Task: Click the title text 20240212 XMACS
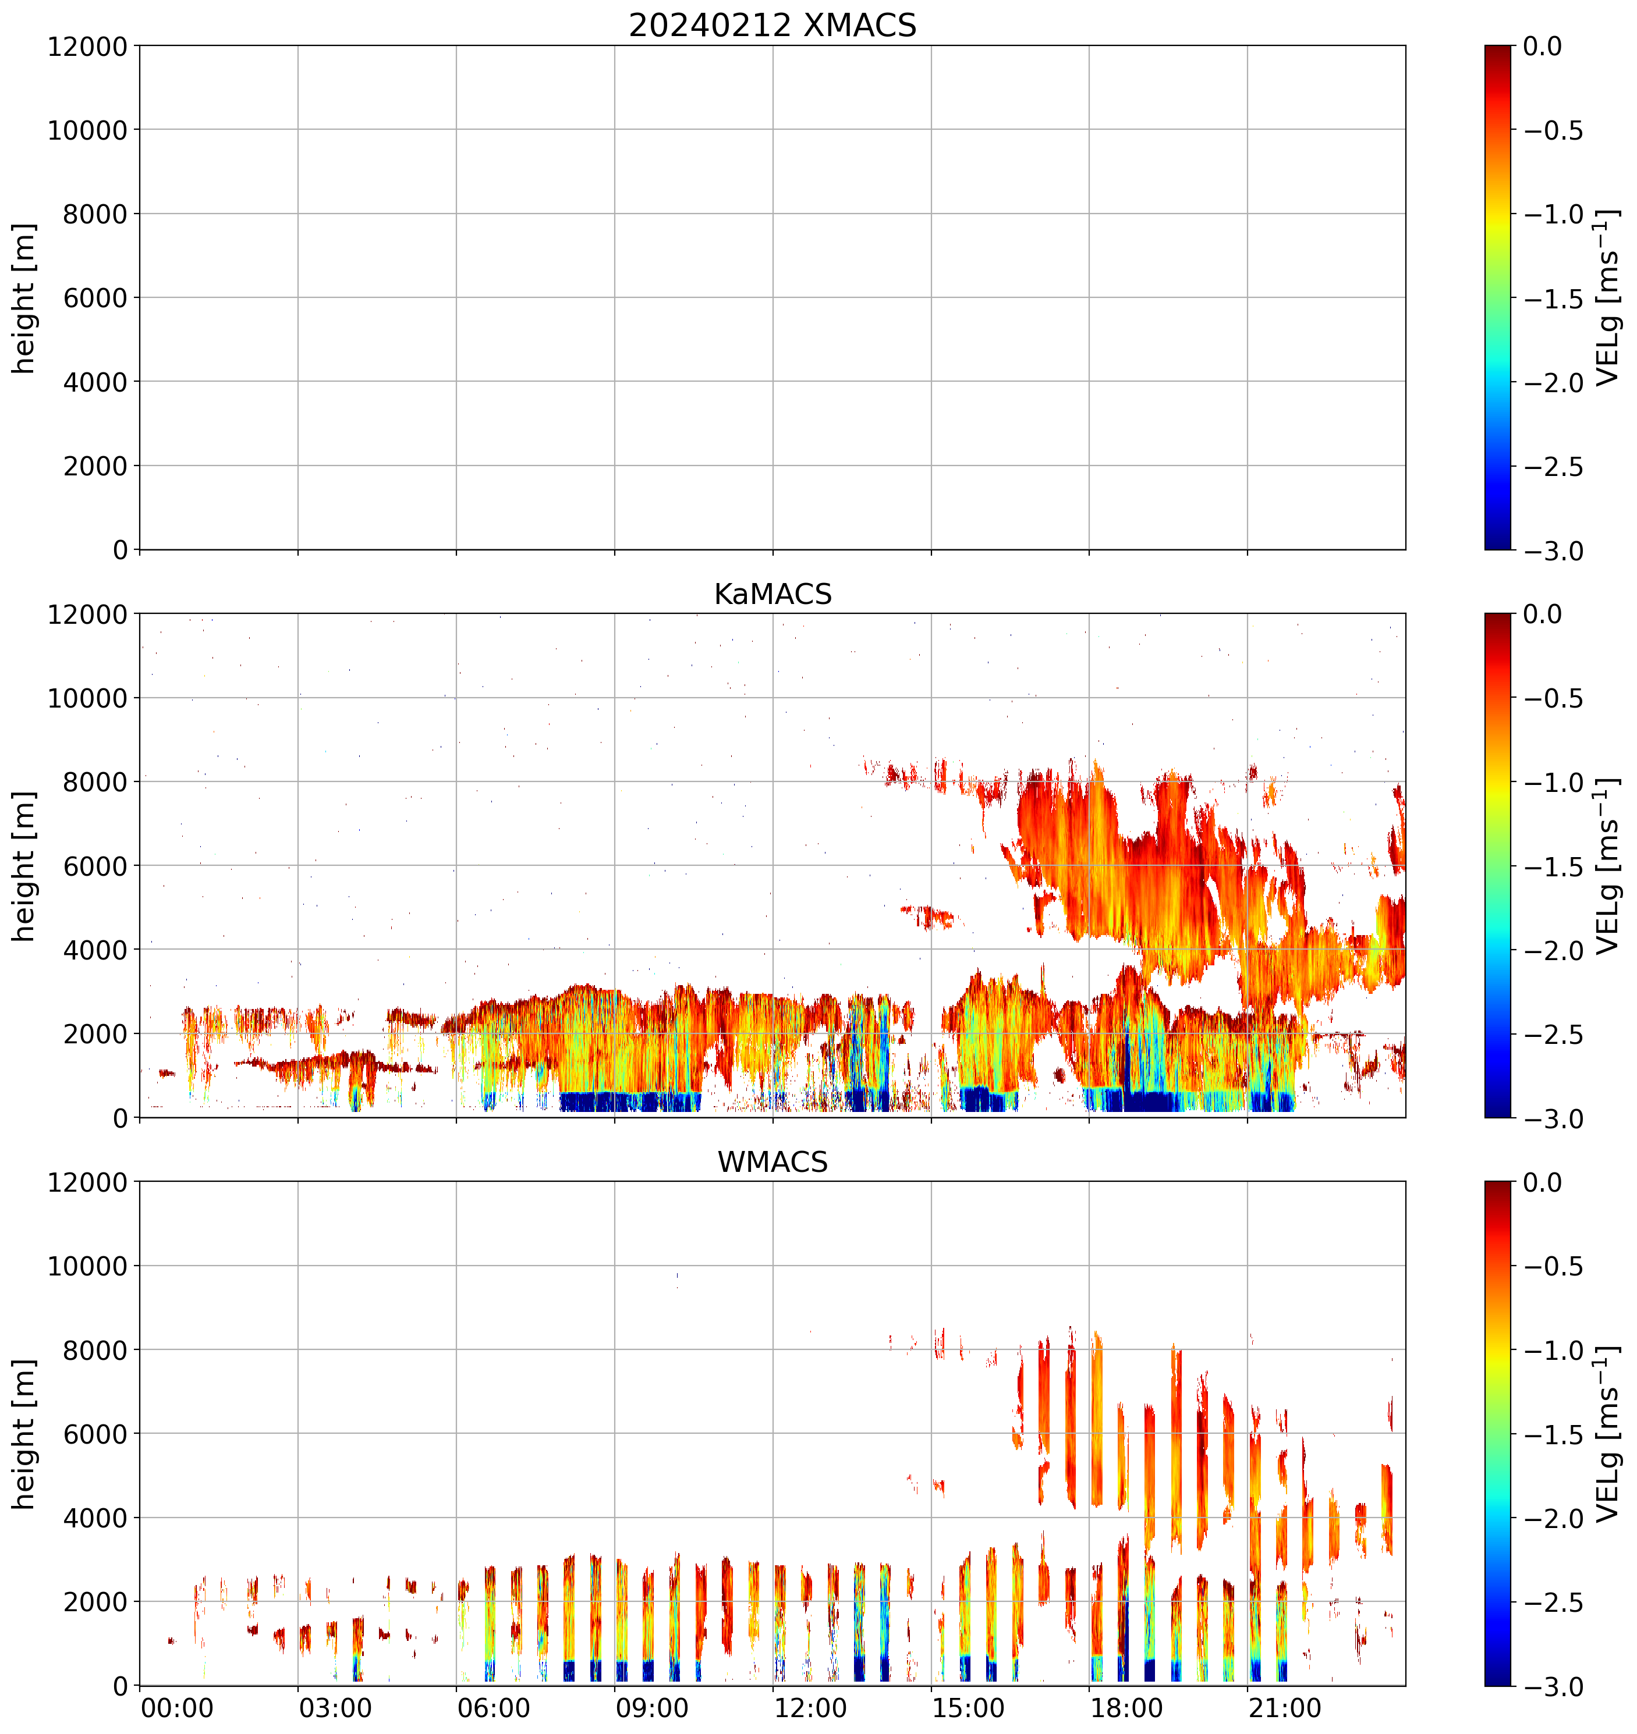coord(773,25)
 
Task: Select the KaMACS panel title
coord(773,594)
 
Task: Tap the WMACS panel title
coord(773,1163)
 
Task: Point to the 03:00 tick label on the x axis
coord(335,1708)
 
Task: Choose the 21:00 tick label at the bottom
coord(1284,1708)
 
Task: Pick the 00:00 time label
coord(177,1708)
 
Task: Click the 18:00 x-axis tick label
coord(1126,1708)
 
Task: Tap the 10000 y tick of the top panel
coord(87,130)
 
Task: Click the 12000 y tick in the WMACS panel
coord(87,1183)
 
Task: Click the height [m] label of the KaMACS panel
coord(24,866)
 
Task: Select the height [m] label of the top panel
coord(24,299)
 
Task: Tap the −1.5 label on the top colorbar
coord(1553,299)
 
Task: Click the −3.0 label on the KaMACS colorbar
coord(1553,1119)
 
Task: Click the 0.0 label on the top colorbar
coord(1543,46)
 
